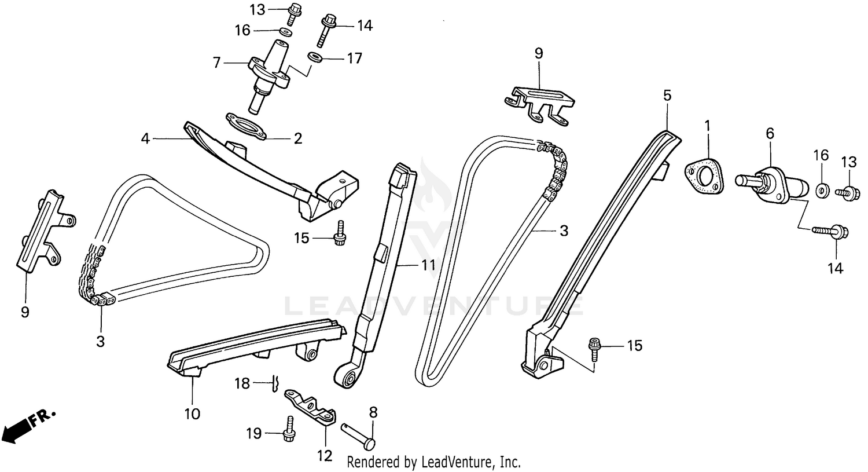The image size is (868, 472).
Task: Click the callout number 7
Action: [216, 63]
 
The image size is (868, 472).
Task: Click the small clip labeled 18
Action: [275, 383]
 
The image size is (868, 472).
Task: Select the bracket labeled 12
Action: [311, 405]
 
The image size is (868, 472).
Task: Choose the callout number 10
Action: [192, 414]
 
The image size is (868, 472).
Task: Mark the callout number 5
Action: [667, 96]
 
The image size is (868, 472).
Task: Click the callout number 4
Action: [145, 138]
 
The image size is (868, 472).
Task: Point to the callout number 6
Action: [770, 133]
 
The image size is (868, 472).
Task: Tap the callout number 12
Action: [325, 456]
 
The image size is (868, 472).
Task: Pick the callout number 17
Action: [354, 58]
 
